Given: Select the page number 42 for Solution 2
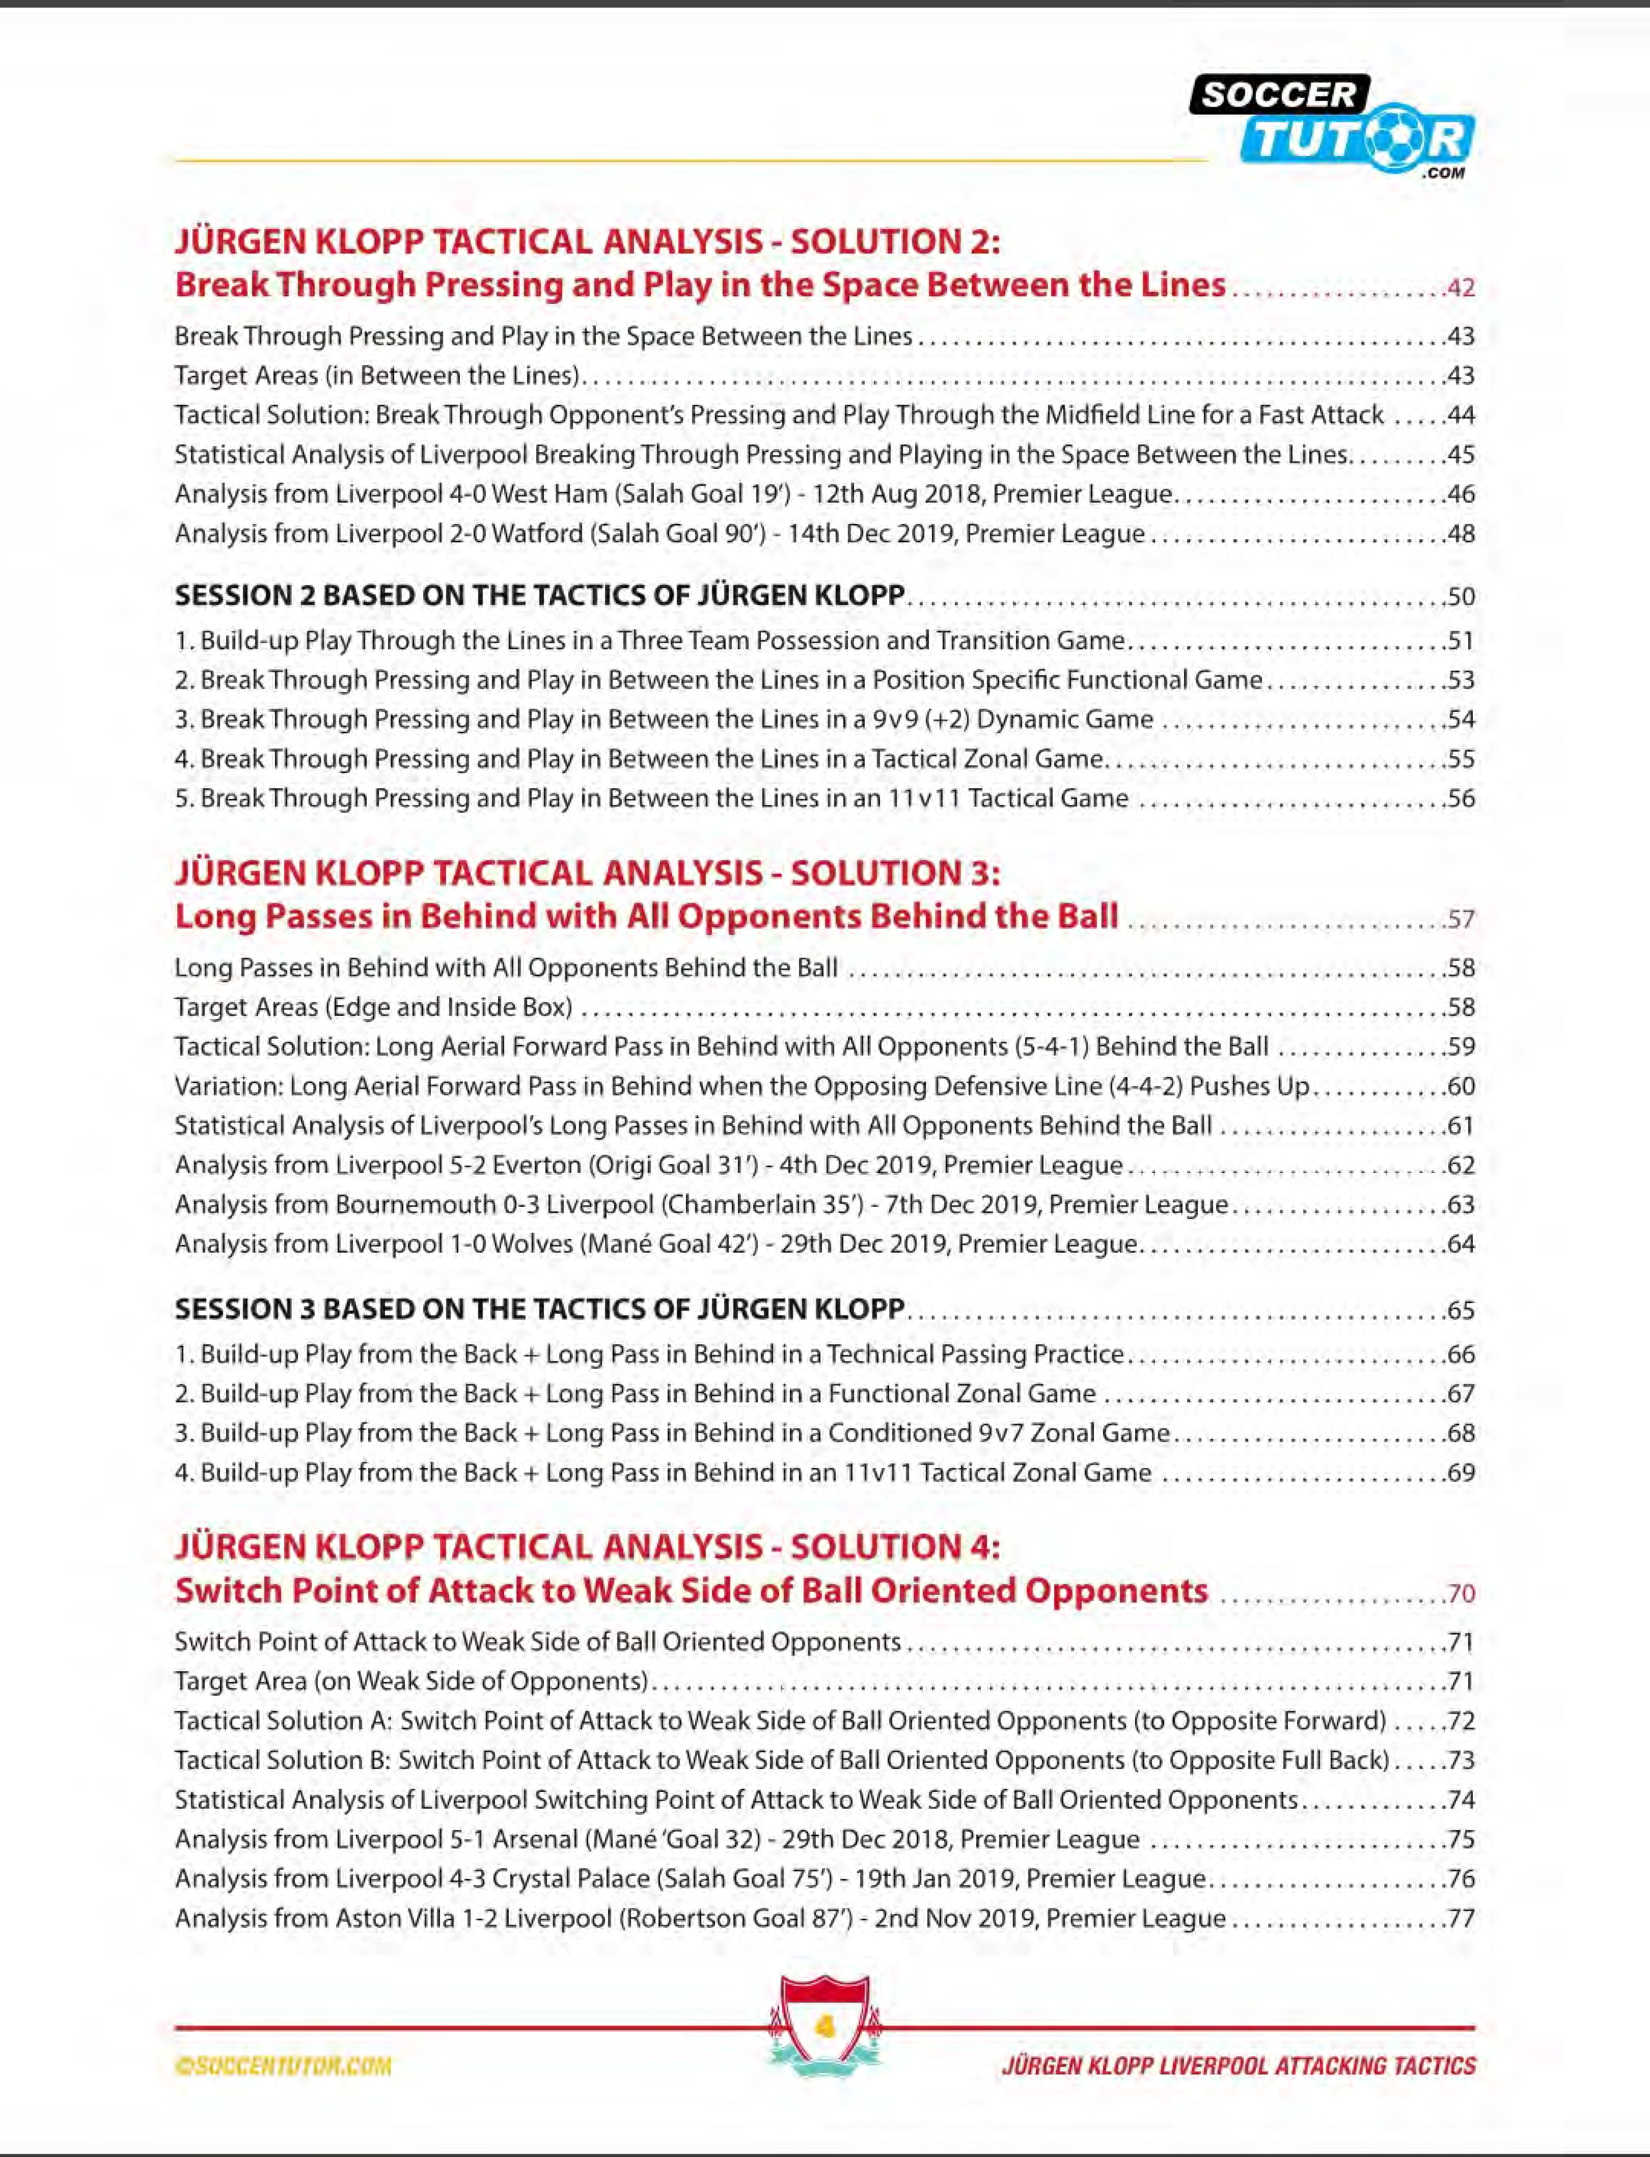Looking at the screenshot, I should pos(1460,288).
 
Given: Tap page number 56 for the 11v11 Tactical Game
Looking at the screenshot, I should pos(1460,799).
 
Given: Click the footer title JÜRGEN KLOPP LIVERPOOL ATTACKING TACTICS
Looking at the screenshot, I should pos(1239,2067).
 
